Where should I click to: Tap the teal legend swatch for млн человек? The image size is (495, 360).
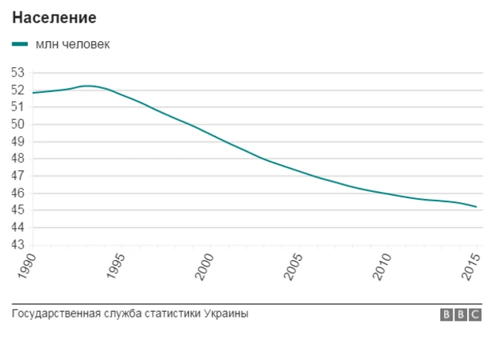pos(21,44)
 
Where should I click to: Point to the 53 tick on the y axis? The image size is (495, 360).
pos(19,72)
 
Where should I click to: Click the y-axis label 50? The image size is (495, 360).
pos(19,124)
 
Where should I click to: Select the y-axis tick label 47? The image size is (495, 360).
pos(19,176)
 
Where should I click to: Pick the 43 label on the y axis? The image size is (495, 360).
pos(19,245)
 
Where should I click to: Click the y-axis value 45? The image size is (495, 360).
pos(19,210)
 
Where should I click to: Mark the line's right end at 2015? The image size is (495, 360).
pos(476,207)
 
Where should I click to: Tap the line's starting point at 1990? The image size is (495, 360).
pos(33,93)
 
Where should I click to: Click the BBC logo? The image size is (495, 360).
pos(461,314)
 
